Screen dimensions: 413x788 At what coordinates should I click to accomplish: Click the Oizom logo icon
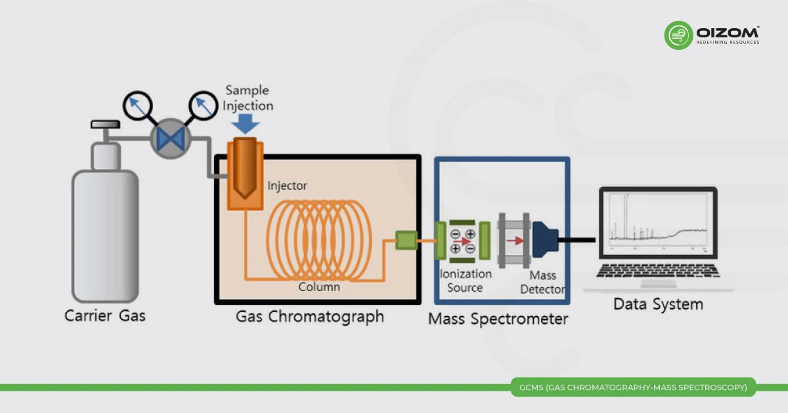click(679, 35)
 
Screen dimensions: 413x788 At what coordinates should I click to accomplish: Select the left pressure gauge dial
click(137, 105)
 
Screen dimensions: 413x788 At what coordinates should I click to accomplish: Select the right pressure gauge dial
click(203, 106)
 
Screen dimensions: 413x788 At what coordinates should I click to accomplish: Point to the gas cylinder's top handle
click(105, 124)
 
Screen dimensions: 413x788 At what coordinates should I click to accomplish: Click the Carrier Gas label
click(105, 316)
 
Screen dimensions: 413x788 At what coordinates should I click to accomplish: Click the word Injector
click(287, 186)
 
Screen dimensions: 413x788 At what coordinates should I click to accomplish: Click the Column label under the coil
click(319, 286)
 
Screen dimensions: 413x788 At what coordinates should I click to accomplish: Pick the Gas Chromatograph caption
click(310, 317)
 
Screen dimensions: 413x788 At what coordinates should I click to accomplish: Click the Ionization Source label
click(466, 280)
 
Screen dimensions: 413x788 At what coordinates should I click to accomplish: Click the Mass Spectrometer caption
click(498, 320)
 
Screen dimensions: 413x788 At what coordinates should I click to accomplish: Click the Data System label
click(658, 304)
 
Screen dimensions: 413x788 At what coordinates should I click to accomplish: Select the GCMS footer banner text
click(632, 387)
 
